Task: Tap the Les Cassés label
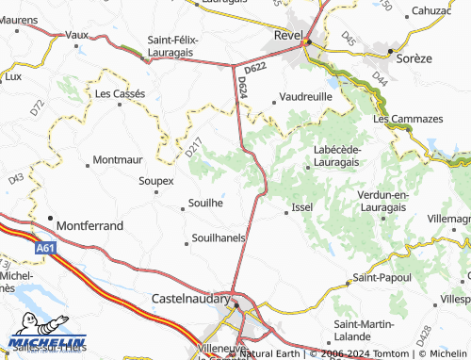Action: point(119,94)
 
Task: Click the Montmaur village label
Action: point(119,160)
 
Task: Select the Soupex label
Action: point(156,180)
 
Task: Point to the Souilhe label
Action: point(205,203)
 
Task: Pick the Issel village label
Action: point(302,207)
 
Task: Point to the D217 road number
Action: point(194,147)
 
